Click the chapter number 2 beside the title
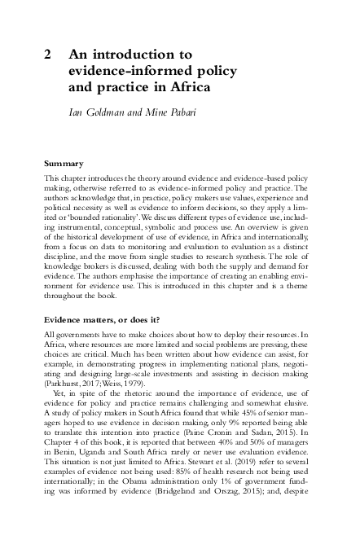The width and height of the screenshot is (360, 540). (49, 55)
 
